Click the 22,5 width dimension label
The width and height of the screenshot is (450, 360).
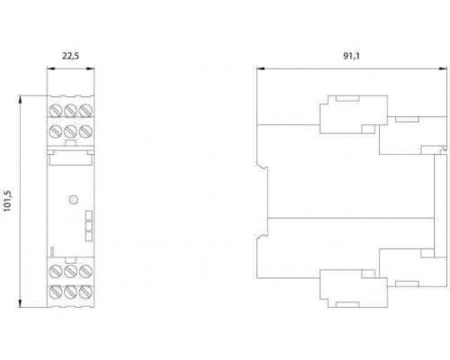[71, 56]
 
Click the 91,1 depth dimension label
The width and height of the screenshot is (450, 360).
[351, 56]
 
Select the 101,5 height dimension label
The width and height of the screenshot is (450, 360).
[7, 201]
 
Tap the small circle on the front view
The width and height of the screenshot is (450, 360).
[74, 200]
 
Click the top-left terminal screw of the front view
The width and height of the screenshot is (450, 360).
[56, 111]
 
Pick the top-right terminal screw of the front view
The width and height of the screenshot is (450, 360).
[85, 111]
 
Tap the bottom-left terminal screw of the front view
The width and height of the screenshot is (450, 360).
[56, 292]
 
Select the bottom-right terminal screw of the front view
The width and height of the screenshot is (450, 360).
[85, 292]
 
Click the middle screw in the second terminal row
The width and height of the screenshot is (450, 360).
[70, 131]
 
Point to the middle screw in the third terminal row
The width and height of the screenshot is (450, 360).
[70, 271]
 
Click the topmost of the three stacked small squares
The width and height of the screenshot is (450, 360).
[89, 215]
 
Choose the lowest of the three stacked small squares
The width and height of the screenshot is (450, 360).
[89, 237]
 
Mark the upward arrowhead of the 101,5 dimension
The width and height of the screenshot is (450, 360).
[21, 100]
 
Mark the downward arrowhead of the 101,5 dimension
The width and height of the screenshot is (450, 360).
[21, 302]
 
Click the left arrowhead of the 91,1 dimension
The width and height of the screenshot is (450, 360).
[261, 68]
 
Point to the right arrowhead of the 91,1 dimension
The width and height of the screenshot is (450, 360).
[443, 68]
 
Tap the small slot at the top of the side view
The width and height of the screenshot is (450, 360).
[347, 98]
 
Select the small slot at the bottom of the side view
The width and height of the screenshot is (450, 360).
[347, 304]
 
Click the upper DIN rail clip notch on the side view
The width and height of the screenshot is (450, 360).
[262, 166]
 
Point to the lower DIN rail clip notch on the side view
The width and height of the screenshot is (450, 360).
[262, 237]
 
